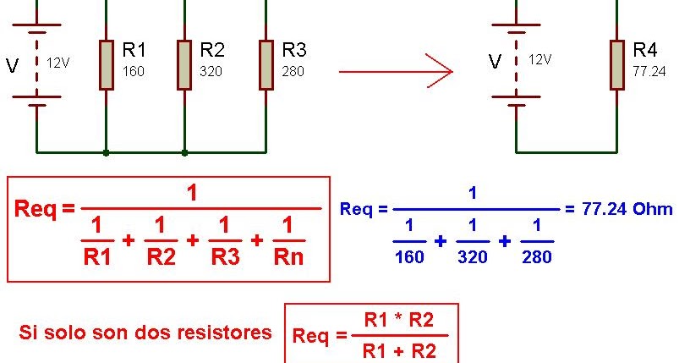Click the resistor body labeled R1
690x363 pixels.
click(106, 64)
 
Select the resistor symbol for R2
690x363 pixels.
click(184, 64)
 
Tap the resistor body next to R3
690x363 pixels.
click(266, 64)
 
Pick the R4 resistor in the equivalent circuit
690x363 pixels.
click(616, 64)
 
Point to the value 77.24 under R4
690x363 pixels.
click(649, 72)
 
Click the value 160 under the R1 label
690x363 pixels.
click(133, 72)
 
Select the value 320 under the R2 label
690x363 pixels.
click(211, 72)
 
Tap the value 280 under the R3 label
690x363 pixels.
click(293, 72)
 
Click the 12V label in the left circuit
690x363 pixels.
click(58, 63)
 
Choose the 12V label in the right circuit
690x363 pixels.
click(539, 59)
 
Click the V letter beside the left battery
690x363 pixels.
click(12, 66)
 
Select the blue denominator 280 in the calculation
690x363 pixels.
click(536, 257)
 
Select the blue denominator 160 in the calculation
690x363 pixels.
click(409, 257)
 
